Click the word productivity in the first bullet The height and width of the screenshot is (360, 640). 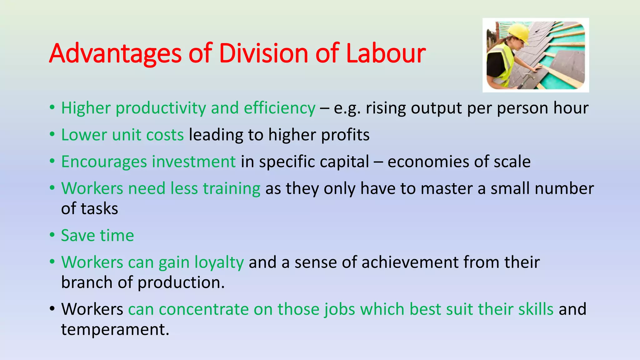click(161, 108)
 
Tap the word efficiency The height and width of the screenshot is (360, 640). click(279, 108)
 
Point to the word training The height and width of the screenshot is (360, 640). click(232, 188)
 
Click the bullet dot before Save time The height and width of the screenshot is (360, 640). click(52, 235)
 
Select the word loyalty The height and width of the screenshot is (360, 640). click(219, 262)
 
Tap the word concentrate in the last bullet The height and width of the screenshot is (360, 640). click(204, 309)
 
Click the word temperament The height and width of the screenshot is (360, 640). click(115, 330)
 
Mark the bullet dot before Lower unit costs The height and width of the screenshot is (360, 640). click(52, 135)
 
